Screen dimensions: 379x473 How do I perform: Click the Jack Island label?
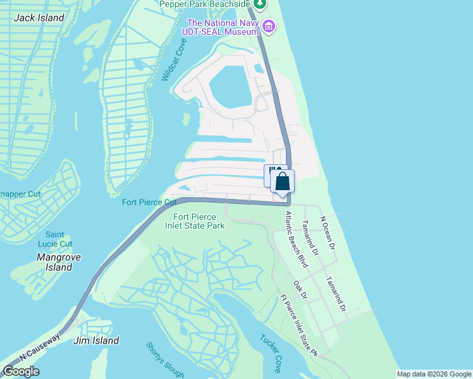tap(39, 18)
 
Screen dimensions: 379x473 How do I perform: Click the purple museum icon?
tap(269, 27)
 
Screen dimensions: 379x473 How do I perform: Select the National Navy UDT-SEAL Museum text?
tap(221, 27)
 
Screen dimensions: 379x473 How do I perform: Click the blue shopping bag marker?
tap(283, 181)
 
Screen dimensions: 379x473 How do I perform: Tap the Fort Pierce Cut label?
tap(149, 202)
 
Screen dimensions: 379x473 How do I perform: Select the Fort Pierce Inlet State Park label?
tap(195, 221)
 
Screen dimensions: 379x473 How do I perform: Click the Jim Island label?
tap(96, 340)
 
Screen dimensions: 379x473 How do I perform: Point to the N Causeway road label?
tap(39, 347)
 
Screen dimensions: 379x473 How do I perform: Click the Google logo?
tap(21, 371)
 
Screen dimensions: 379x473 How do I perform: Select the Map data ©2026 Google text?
tap(434, 374)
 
